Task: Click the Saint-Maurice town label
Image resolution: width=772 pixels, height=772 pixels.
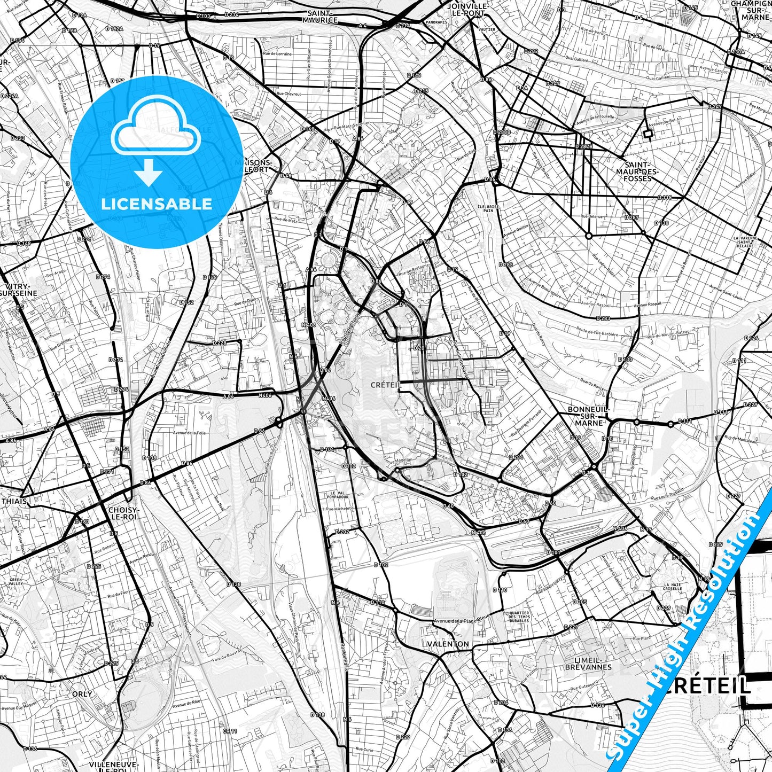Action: click(320, 17)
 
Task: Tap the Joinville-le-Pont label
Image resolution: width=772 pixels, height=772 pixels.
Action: click(467, 10)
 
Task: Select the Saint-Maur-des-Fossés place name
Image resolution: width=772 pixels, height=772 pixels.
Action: click(637, 172)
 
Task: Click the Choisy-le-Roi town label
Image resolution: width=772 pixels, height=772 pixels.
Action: click(123, 513)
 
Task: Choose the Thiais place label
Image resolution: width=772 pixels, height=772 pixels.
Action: click(14, 501)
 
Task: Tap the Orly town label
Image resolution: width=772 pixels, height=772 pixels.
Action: click(82, 694)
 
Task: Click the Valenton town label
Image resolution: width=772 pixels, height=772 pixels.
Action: click(448, 644)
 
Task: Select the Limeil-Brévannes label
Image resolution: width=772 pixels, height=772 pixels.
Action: click(588, 664)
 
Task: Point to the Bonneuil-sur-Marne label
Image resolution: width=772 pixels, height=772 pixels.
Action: click(589, 416)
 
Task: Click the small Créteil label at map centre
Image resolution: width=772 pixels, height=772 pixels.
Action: click(385, 385)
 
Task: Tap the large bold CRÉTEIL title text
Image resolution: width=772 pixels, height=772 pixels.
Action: click(708, 685)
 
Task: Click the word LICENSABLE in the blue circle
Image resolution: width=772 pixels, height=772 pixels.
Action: click(157, 204)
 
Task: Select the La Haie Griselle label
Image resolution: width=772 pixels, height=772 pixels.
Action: click(673, 587)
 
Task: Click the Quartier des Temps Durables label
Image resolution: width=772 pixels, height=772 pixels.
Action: click(519, 617)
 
